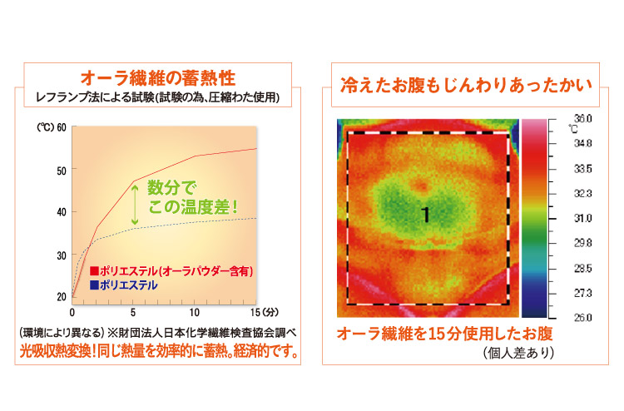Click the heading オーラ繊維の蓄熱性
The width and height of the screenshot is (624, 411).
[x=158, y=78]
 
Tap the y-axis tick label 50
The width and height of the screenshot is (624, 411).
[x=62, y=171]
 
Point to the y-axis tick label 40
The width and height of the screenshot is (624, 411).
[x=62, y=212]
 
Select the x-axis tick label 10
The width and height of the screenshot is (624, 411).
[x=194, y=313]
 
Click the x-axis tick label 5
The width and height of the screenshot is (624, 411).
[x=133, y=313]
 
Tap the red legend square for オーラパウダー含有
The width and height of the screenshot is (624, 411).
[x=94, y=271]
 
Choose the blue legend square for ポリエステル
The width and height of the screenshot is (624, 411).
[x=94, y=285]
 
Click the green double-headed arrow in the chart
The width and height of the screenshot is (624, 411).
[x=135, y=205]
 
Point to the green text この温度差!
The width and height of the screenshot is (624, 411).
[x=193, y=207]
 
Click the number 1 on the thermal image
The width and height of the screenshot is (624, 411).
[x=426, y=215]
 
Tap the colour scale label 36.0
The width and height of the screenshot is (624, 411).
[x=582, y=119]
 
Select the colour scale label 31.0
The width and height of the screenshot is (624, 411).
[x=582, y=219]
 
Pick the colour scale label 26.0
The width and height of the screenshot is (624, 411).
[x=582, y=318]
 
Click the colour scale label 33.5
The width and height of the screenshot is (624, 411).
[x=582, y=169]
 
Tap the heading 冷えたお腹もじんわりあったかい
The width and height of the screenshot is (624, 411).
[x=466, y=85]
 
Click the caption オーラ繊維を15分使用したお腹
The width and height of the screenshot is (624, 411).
[x=445, y=334]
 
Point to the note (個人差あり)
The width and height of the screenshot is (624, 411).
[x=519, y=353]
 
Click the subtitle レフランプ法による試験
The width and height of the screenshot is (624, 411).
[x=95, y=97]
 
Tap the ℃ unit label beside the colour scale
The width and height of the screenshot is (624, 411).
[x=572, y=128]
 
